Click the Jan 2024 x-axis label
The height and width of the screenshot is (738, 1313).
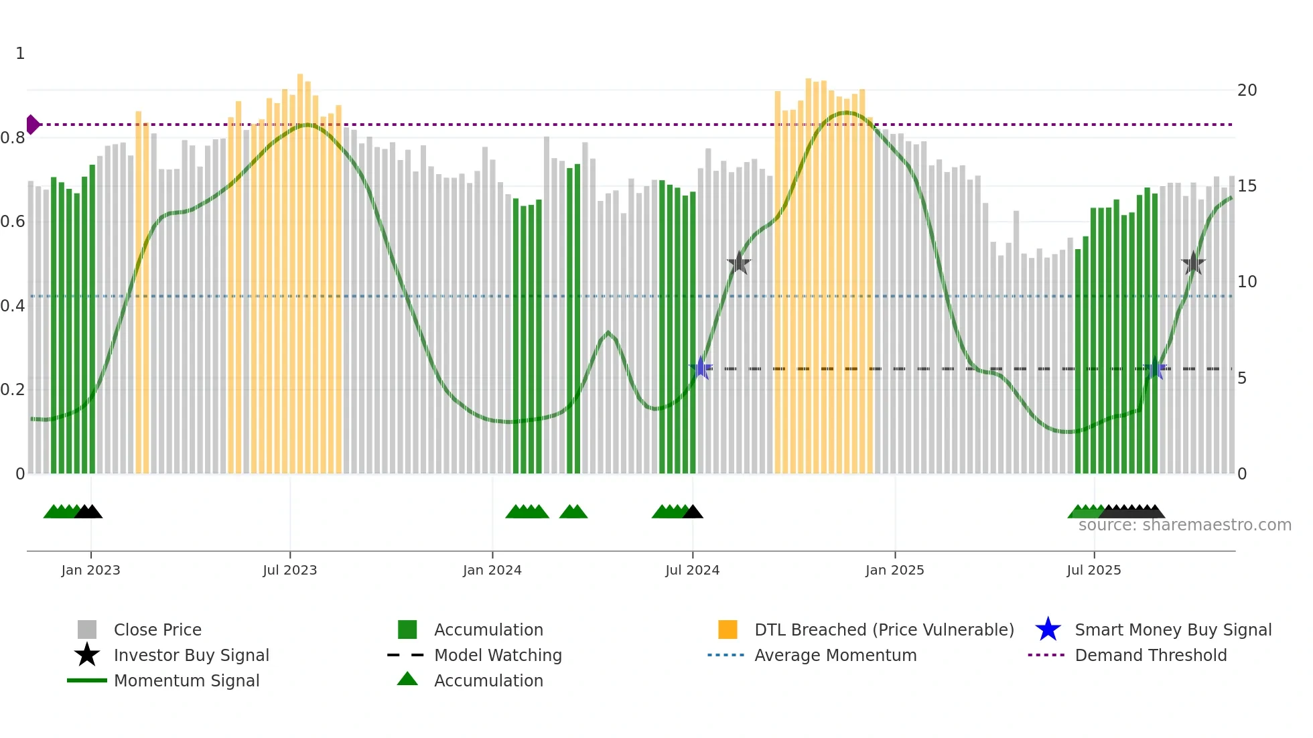(x=492, y=570)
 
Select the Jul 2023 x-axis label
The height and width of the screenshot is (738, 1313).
(x=289, y=570)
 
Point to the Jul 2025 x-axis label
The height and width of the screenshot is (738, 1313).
(x=1093, y=570)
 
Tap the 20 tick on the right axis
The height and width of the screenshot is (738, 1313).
(x=1247, y=90)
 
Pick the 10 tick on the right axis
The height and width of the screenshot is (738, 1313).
(x=1247, y=282)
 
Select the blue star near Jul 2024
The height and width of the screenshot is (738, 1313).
(x=701, y=368)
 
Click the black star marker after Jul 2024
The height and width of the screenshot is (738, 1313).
(x=738, y=263)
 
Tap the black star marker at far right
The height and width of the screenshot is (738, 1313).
(x=1193, y=263)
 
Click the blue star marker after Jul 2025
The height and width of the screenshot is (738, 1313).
(x=1155, y=368)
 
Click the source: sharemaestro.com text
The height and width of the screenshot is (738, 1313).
(x=1184, y=525)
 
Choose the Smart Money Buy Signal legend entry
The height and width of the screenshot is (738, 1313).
(x=1172, y=630)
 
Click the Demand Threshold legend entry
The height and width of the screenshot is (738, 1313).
(x=1150, y=655)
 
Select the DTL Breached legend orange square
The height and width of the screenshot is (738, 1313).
(x=728, y=630)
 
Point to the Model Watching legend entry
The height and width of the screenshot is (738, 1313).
(x=498, y=655)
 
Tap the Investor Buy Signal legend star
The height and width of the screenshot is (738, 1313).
(x=87, y=655)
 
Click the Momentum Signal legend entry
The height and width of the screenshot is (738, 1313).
(x=186, y=680)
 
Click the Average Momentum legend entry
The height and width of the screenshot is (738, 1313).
(x=835, y=655)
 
